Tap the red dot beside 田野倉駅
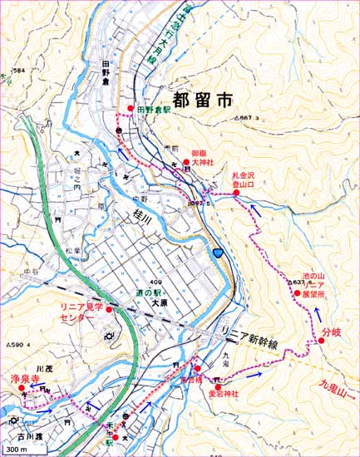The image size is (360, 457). [x=131, y=108]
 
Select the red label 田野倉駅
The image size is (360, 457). [x=155, y=109]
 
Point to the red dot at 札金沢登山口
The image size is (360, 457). [x=237, y=194]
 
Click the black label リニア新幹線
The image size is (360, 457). [x=249, y=332]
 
